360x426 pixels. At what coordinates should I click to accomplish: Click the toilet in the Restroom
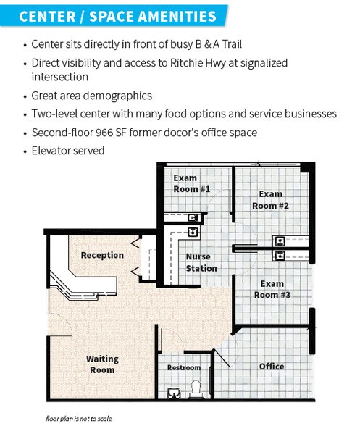click(x=196, y=389)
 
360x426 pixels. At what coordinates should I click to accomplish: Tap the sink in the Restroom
click(x=174, y=393)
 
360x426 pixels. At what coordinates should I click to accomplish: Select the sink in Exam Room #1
click(x=193, y=217)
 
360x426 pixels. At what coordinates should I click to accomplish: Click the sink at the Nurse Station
click(x=193, y=232)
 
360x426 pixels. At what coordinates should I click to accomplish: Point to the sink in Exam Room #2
click(x=280, y=241)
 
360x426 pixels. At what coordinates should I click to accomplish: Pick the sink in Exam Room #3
click(x=280, y=255)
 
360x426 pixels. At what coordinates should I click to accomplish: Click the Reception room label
click(x=102, y=255)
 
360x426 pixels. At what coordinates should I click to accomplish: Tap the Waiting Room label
click(x=102, y=364)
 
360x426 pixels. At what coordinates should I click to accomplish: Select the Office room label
click(x=272, y=367)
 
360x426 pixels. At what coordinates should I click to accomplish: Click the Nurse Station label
click(x=201, y=262)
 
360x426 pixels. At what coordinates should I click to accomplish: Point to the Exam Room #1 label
click(x=191, y=183)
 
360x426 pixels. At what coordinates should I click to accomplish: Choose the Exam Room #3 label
click(x=272, y=289)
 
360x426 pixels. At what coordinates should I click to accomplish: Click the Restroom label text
click(x=184, y=367)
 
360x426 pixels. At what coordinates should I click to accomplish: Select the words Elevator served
click(x=68, y=151)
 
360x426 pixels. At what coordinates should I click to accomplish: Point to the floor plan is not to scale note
click(x=79, y=419)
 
